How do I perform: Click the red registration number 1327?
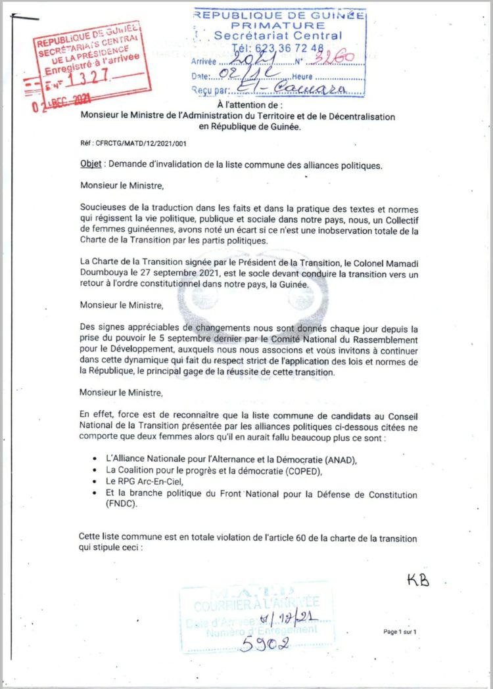[x=92, y=78]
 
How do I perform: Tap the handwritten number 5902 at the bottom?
[x=265, y=644]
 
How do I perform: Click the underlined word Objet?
[x=90, y=166]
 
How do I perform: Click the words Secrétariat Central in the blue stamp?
[x=279, y=35]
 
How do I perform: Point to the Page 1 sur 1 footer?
[x=400, y=632]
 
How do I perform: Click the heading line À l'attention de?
[x=250, y=104]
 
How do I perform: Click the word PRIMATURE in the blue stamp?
[x=279, y=24]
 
